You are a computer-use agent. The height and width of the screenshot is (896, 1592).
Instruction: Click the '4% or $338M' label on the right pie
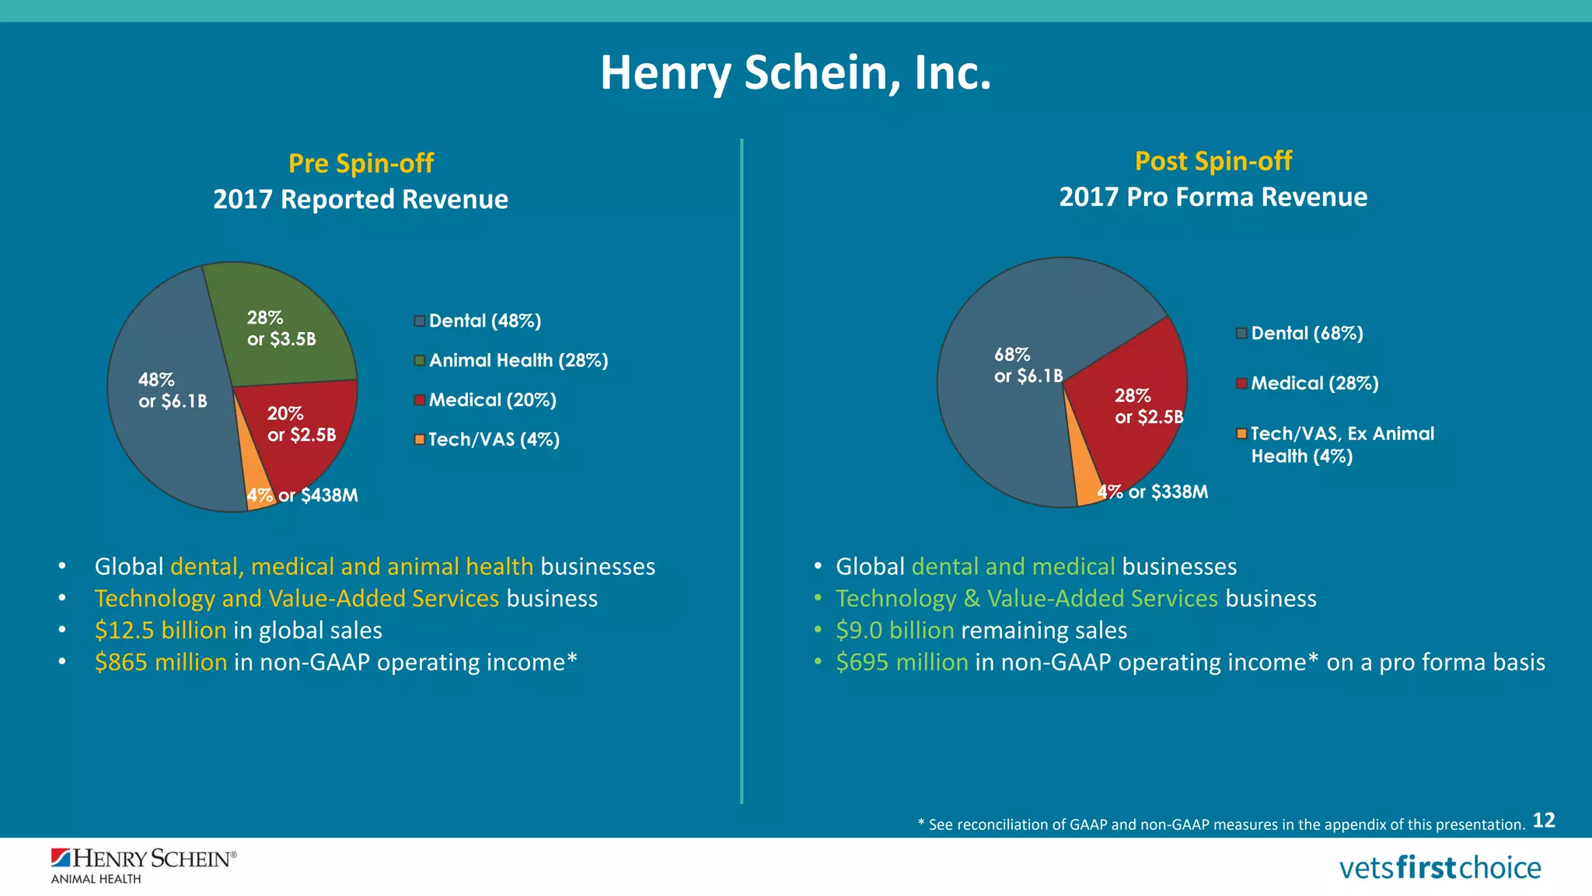pyautogui.click(x=1152, y=492)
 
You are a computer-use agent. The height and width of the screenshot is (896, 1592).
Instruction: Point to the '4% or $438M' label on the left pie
pyautogui.click(x=302, y=495)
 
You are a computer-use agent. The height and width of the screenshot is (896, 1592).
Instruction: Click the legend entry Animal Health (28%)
pyautogui.click(x=518, y=360)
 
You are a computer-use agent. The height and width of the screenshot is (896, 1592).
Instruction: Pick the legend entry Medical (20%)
pyautogui.click(x=492, y=400)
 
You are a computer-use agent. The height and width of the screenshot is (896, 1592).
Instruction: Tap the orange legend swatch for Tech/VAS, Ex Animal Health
pyautogui.click(x=1241, y=433)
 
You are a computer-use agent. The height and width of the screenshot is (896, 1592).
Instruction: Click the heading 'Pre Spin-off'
pyautogui.click(x=361, y=163)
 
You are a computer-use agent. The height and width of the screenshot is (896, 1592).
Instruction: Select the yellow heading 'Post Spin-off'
pyautogui.click(x=1213, y=161)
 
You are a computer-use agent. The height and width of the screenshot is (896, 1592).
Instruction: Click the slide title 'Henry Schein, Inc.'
pyautogui.click(x=795, y=73)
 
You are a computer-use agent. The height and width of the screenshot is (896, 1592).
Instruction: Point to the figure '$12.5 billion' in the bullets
pyautogui.click(x=160, y=630)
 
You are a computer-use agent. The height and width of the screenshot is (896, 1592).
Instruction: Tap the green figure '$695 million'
pyautogui.click(x=902, y=662)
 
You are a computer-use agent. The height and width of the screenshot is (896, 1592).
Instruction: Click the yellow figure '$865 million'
pyautogui.click(x=161, y=662)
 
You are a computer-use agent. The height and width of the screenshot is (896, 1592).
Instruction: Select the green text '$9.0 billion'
pyautogui.click(x=895, y=630)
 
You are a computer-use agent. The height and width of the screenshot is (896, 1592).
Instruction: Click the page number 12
pyautogui.click(x=1543, y=821)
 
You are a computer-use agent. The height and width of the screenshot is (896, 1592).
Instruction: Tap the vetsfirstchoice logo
pyautogui.click(x=1439, y=867)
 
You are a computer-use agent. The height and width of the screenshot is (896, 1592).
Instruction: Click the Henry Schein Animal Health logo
pyautogui.click(x=143, y=865)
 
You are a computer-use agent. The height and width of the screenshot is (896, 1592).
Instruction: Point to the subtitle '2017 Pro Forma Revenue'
pyautogui.click(x=1213, y=198)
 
